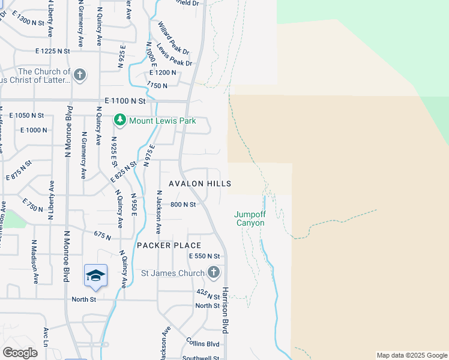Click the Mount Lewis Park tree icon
point(120,121)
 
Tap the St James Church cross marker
point(213,273)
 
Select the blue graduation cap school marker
point(95,275)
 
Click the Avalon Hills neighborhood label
point(200,184)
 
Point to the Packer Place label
point(169,245)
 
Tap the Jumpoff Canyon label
point(249,218)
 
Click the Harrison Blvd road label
point(226,310)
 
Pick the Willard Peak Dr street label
point(173,35)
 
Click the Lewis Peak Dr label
point(174,55)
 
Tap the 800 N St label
point(184,205)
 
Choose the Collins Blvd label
point(203,344)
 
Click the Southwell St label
point(203,358)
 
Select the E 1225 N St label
point(52,52)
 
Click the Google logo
point(20,353)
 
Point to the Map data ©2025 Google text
point(411,355)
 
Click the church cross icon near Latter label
point(79,76)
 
